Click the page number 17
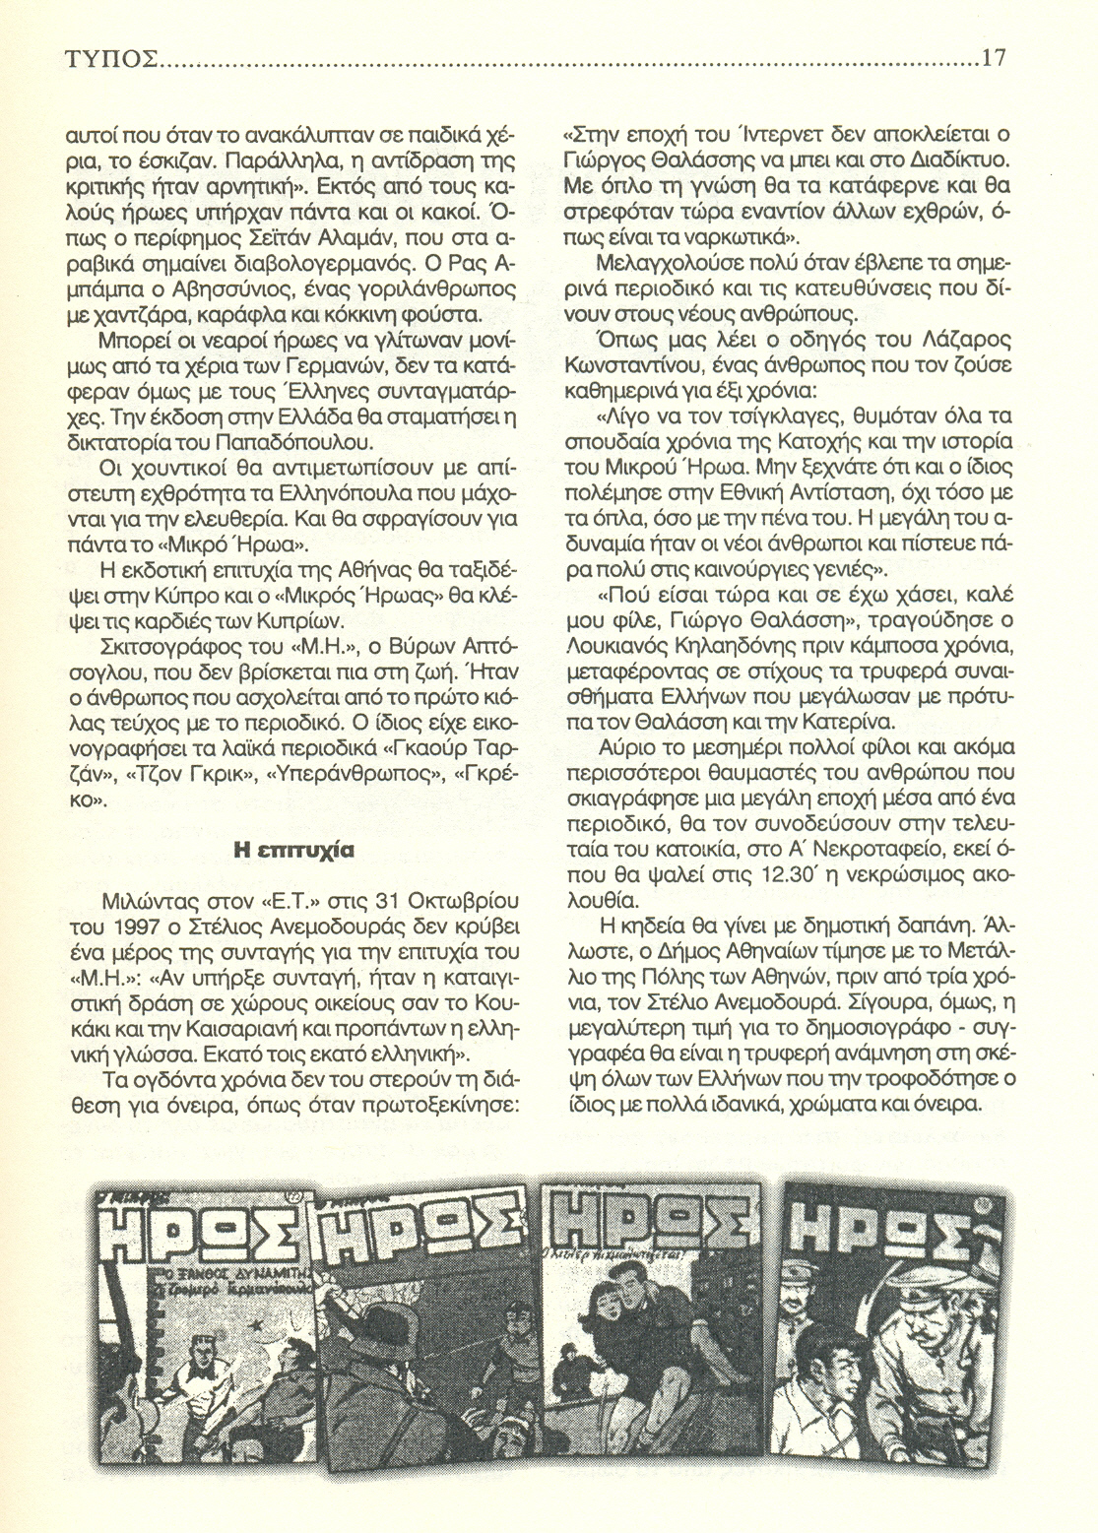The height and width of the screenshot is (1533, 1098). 992,58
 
